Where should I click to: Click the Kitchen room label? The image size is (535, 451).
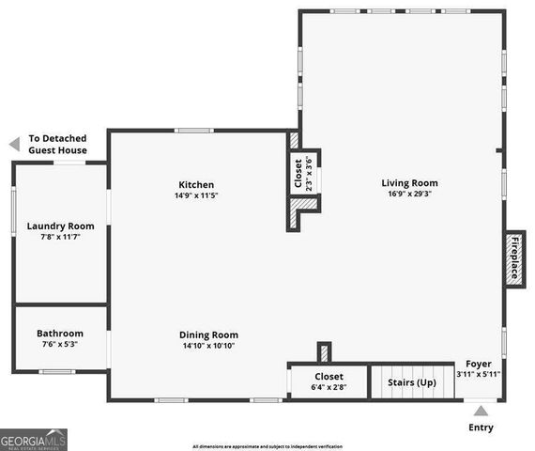pyautogui.click(x=197, y=185)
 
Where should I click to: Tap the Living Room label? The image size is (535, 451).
pyautogui.click(x=409, y=183)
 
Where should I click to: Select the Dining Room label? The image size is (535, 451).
pyautogui.click(x=208, y=334)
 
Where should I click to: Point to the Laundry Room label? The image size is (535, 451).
pyautogui.click(x=60, y=225)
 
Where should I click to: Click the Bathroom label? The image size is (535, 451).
pyautogui.click(x=60, y=334)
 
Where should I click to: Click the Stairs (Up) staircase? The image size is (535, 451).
pyautogui.click(x=413, y=382)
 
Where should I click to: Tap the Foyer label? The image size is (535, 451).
pyautogui.click(x=479, y=363)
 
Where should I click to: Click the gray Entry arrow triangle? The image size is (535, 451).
pyautogui.click(x=481, y=410)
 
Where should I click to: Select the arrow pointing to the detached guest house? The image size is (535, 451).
pyautogui.click(x=13, y=144)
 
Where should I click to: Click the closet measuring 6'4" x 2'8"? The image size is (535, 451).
pyautogui.click(x=329, y=381)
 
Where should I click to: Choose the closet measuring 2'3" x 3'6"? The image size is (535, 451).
pyautogui.click(x=303, y=173)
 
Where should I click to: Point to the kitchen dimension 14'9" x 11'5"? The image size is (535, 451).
pyautogui.click(x=195, y=196)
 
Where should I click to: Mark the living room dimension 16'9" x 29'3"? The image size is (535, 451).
pyautogui.click(x=409, y=194)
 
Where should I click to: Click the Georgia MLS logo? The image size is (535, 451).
pyautogui.click(x=34, y=439)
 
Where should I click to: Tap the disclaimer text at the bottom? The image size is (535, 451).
pyautogui.click(x=267, y=446)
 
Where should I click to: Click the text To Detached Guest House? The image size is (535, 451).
pyautogui.click(x=58, y=144)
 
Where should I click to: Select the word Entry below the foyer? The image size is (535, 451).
pyautogui.click(x=481, y=428)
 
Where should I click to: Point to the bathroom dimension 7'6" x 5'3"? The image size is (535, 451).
pyautogui.click(x=60, y=345)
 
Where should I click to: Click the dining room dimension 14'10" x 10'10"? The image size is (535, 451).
pyautogui.click(x=208, y=346)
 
